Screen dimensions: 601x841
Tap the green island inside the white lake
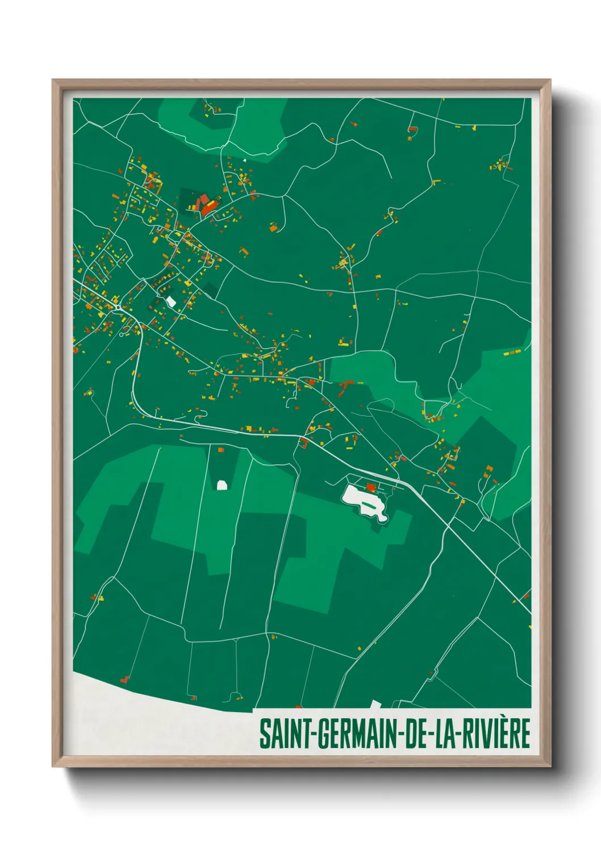tap(370, 503)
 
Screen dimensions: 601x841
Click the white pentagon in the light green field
tap(222, 485)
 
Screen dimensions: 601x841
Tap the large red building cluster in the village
tap(205, 205)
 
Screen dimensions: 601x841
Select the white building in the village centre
tap(171, 301)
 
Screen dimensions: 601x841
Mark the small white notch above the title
tap(375, 704)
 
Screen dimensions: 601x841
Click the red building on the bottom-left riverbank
tap(124, 679)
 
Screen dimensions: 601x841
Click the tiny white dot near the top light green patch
tap(245, 160)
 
